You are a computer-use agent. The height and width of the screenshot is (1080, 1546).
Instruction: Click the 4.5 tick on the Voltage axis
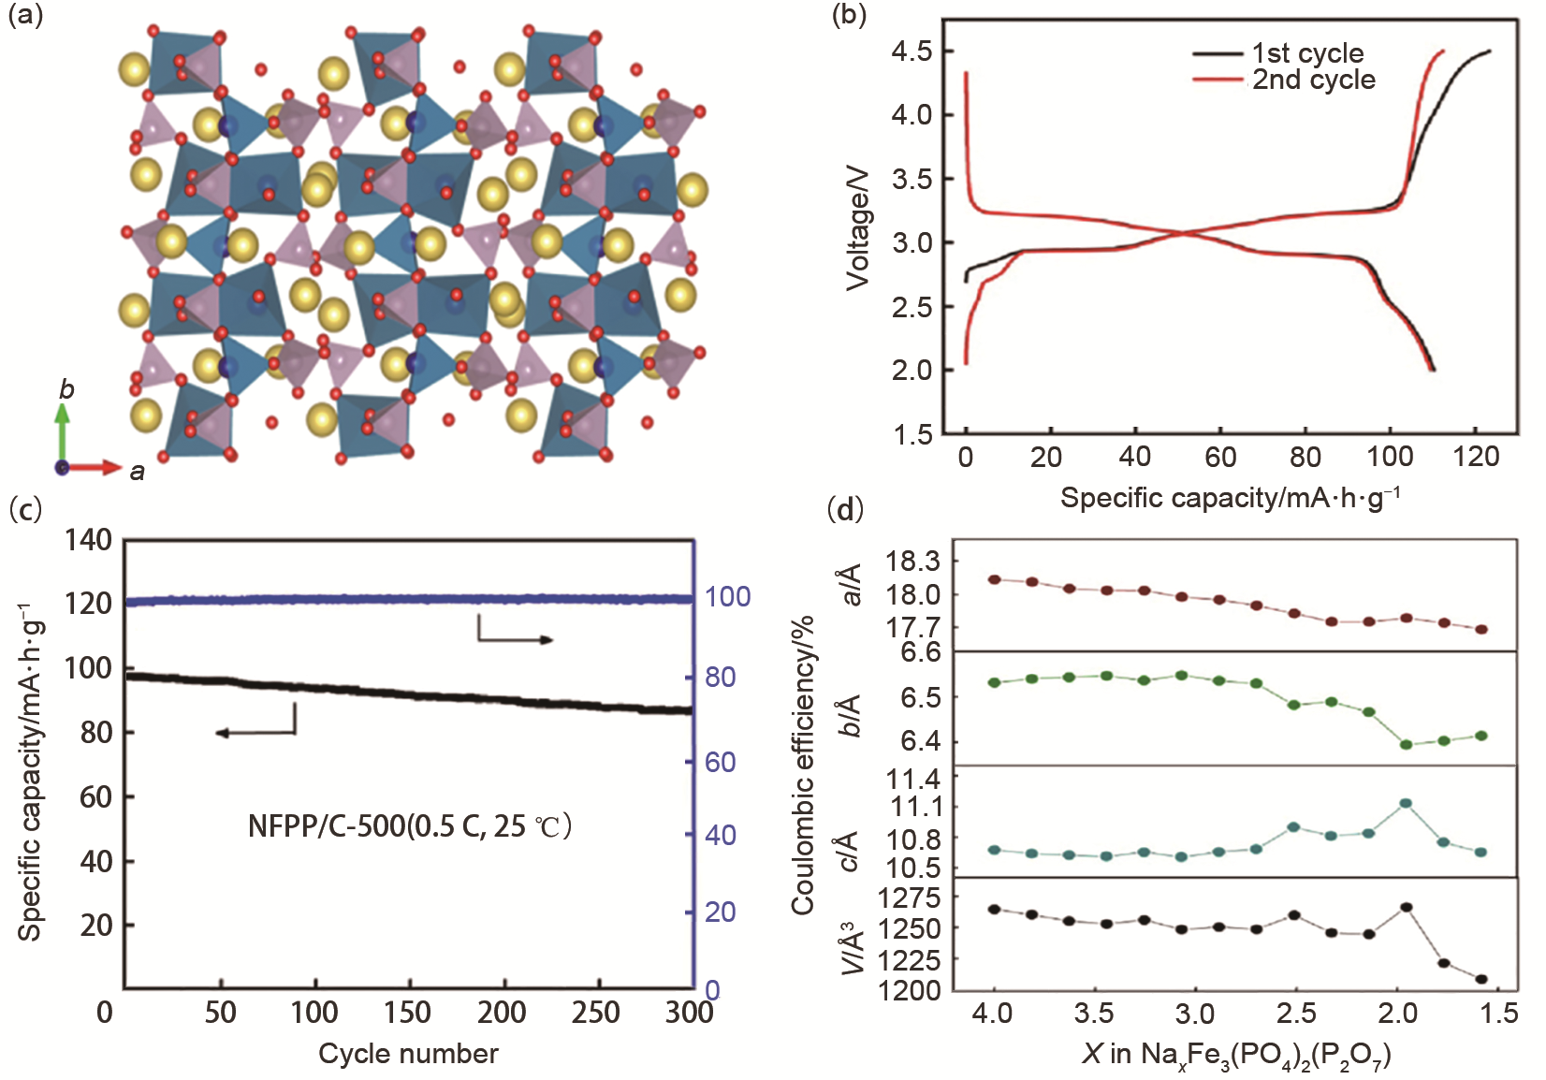coord(912,51)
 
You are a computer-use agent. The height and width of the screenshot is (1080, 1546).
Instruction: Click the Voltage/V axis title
coord(857,229)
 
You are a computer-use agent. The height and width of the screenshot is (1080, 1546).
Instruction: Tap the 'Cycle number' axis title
coord(408,1054)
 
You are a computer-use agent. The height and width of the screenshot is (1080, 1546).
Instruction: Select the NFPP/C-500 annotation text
coord(409,825)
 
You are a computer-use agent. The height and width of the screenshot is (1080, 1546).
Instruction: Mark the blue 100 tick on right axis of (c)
coord(728,596)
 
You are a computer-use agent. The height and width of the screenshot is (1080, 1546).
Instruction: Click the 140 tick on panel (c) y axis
coord(89,540)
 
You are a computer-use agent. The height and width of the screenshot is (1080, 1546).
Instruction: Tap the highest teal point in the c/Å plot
coord(1405,803)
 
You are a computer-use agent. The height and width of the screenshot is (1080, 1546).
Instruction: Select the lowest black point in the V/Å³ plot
coord(1481,979)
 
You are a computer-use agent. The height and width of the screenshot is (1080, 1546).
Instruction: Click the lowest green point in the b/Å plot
coord(1405,744)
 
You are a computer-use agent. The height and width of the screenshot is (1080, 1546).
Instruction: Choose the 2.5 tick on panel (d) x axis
coord(1296,1014)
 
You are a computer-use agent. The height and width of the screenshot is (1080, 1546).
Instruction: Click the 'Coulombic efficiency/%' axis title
coord(803,763)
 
